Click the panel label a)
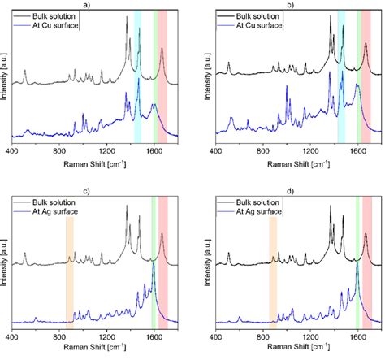97,4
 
